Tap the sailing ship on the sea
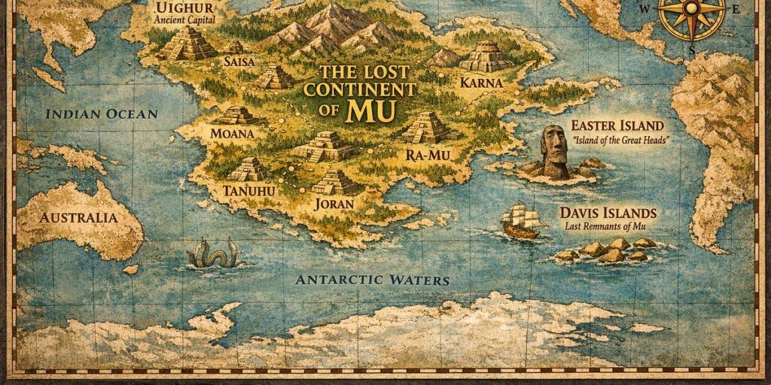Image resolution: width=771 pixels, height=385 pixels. (523, 220)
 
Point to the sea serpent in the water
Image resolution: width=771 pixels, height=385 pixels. (213, 254)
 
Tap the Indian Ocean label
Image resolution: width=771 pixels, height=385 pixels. (101, 114)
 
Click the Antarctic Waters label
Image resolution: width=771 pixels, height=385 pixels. (372, 280)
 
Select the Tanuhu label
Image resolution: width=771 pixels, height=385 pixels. (249, 191)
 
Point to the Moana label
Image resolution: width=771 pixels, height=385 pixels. (233, 134)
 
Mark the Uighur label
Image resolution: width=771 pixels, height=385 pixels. (179, 8)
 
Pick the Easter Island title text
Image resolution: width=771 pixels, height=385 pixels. (617, 126)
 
